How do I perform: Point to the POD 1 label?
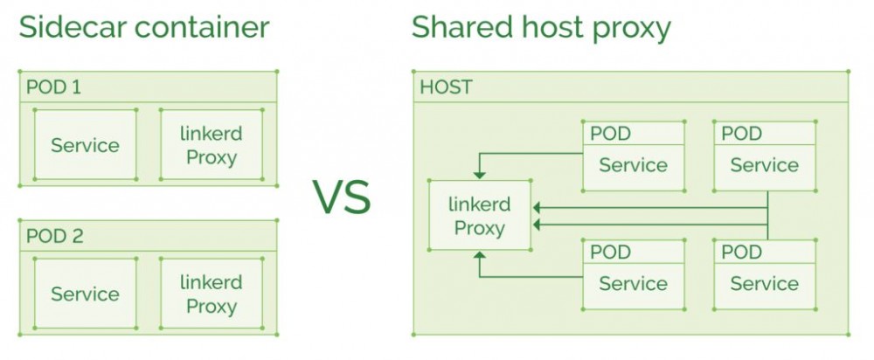54,87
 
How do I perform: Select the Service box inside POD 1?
85,145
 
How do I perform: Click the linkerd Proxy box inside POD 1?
211,145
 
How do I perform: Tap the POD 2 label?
54,236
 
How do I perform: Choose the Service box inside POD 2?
85,294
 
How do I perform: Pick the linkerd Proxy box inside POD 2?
211,294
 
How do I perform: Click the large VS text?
343,197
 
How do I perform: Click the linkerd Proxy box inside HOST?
479,217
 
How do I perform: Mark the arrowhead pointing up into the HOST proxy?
479,257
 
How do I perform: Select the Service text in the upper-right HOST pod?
764,165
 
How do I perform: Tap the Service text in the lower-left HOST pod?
633,284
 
